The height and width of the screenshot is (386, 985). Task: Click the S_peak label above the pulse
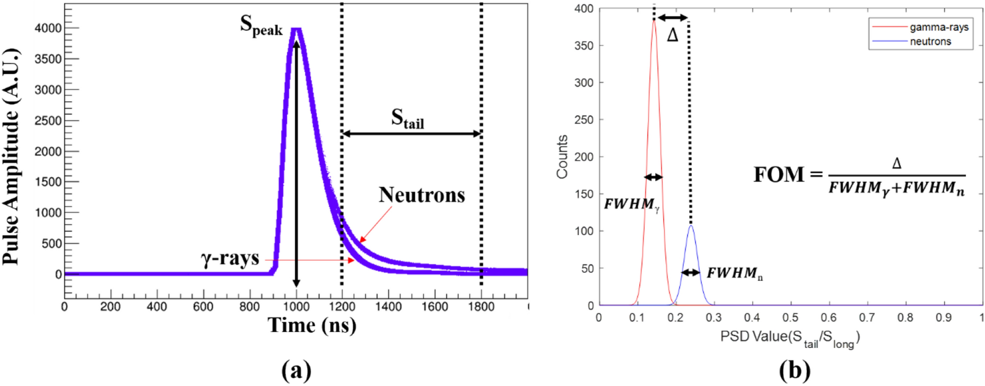pos(261,25)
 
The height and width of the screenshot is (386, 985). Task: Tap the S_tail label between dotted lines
pos(407,119)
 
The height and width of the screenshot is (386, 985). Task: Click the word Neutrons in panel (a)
pos(422,195)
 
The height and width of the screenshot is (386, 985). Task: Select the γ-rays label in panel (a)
pos(230,258)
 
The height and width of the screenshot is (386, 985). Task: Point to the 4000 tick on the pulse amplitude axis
pos(48,28)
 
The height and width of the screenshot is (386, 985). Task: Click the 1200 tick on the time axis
pos(342,307)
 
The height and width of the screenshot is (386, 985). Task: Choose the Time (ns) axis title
pos(312,325)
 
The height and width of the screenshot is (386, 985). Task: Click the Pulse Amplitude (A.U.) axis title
pos(11,156)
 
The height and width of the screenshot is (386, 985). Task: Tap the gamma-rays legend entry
pos(938,27)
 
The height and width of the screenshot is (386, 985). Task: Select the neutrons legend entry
pos(930,42)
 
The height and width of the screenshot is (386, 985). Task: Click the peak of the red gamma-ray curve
pos(654,20)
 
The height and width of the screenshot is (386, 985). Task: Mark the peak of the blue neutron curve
pos(691,226)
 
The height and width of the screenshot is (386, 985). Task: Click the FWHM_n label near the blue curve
pos(734,273)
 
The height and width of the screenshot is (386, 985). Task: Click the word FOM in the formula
pos(778,175)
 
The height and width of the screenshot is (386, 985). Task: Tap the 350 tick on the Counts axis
pos(584,46)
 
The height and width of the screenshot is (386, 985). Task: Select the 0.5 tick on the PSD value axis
pos(790,318)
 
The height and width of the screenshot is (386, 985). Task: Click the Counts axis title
pos(562,156)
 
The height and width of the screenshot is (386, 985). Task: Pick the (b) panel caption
pos(794,370)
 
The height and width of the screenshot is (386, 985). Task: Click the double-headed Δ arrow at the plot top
pos(673,18)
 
